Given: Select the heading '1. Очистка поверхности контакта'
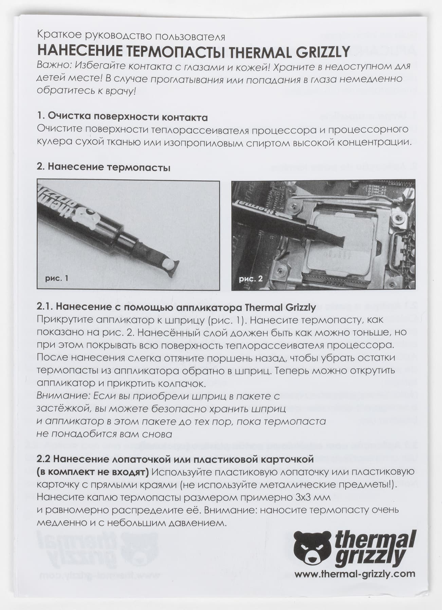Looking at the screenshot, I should coord(122,117).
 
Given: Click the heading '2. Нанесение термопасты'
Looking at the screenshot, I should coord(103,167).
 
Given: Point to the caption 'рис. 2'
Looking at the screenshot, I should coord(251,279).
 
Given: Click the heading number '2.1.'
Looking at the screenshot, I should coord(44,307).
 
